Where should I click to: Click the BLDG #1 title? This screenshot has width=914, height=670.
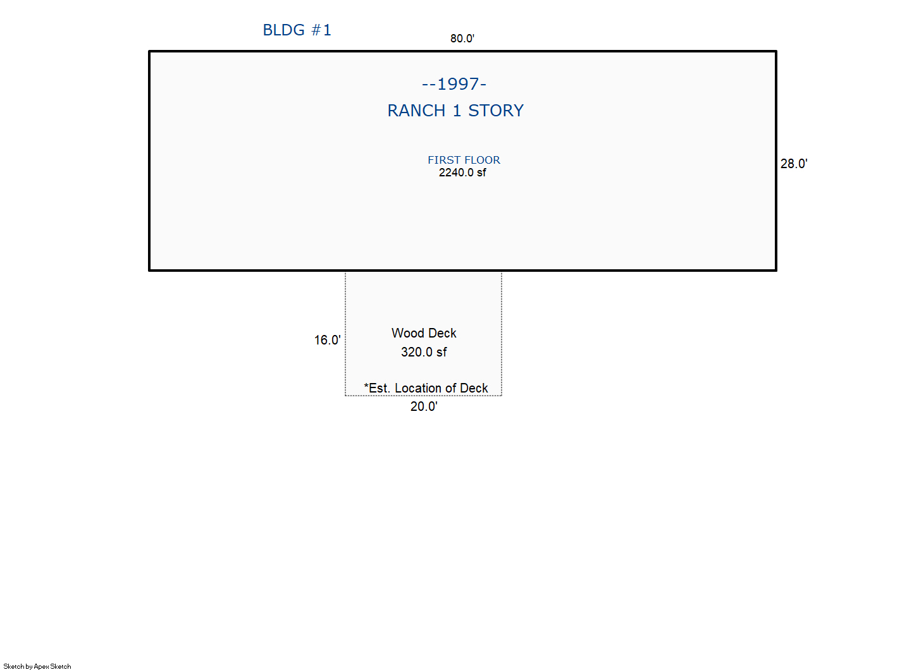coord(297,30)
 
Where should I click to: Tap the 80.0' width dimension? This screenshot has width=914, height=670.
coord(462,39)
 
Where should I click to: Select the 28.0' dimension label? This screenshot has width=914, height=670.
coord(794,164)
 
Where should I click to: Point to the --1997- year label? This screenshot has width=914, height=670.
coord(454,85)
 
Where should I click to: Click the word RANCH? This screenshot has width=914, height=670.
coord(416,111)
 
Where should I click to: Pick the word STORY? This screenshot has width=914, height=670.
coord(496,111)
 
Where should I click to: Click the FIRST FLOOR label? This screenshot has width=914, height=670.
coord(464,160)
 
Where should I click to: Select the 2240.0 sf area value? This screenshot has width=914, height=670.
coord(462,173)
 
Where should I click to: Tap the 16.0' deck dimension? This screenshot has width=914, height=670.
coord(327,340)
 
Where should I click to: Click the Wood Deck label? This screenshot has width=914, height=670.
coord(424,333)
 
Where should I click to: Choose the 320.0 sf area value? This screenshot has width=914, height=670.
coord(424,352)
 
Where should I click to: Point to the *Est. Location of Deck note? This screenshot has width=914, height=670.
coord(426,388)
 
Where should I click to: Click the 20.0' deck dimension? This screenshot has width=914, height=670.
coord(424,406)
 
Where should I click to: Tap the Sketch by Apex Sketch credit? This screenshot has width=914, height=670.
coord(37,666)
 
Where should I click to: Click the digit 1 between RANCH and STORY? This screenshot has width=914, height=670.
coord(457,111)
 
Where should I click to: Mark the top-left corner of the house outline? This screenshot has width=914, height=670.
coord(149,51)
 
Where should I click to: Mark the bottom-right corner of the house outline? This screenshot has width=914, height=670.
coord(776,270)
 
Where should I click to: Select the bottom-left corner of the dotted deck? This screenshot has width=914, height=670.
coord(345,395)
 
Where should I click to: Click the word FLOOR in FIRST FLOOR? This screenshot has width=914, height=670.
coord(482,160)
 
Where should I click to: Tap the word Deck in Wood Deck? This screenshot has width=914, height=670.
coord(442,333)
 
